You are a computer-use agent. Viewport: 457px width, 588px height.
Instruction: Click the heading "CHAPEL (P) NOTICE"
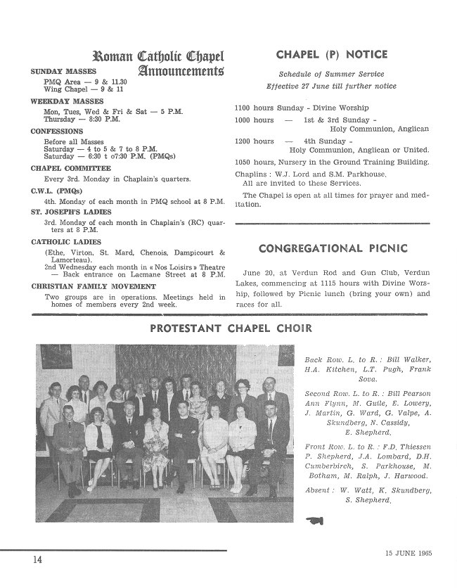(x=332, y=55)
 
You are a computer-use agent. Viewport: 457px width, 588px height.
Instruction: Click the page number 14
(x=37, y=560)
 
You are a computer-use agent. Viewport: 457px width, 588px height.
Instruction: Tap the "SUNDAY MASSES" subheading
(x=63, y=72)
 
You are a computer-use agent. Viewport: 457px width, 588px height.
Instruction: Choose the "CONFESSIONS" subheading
(x=57, y=132)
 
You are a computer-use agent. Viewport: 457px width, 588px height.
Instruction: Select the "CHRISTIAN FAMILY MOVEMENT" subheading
(x=93, y=287)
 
